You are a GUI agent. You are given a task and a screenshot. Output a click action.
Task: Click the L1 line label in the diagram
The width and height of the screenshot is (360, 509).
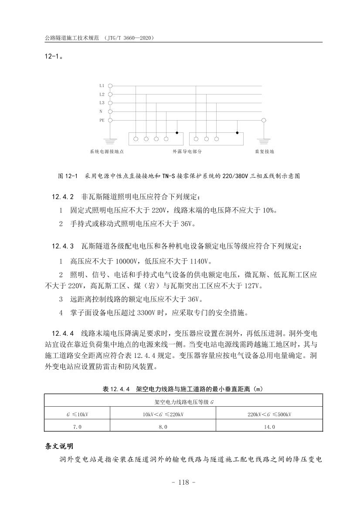pyautogui.click(x=102, y=86)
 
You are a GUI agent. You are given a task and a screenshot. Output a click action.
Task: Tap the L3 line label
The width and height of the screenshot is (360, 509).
pyautogui.click(x=102, y=103)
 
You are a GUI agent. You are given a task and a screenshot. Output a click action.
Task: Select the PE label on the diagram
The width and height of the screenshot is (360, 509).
pyautogui.click(x=102, y=120)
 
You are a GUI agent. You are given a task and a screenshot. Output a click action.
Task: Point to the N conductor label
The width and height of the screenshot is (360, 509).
pyautogui.click(x=101, y=111)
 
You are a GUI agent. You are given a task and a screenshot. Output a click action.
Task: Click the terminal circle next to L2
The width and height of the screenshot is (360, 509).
pyautogui.click(x=110, y=94)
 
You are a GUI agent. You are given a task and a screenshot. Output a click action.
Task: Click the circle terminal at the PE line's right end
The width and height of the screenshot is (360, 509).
pyautogui.click(x=263, y=120)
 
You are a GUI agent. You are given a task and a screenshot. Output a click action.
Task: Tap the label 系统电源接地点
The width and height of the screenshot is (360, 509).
pyautogui.click(x=107, y=152)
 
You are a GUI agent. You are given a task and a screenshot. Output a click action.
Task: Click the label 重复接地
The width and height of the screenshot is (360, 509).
pyautogui.click(x=264, y=152)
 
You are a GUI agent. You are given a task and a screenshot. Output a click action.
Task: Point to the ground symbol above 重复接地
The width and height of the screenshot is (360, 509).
pyautogui.click(x=263, y=141)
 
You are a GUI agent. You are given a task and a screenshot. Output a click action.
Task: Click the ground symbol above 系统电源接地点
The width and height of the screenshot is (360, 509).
pyautogui.click(x=110, y=141)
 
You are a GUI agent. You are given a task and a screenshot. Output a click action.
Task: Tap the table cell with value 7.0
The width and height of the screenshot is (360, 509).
pyautogui.click(x=77, y=427)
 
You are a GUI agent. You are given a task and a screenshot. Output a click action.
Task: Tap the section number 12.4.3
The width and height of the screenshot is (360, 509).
pyautogui.click(x=63, y=246)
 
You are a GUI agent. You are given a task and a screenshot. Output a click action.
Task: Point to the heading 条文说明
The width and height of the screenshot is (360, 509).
pyautogui.click(x=60, y=447)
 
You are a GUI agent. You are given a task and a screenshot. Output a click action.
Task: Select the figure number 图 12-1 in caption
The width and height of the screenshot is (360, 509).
pyautogui.click(x=67, y=176)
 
